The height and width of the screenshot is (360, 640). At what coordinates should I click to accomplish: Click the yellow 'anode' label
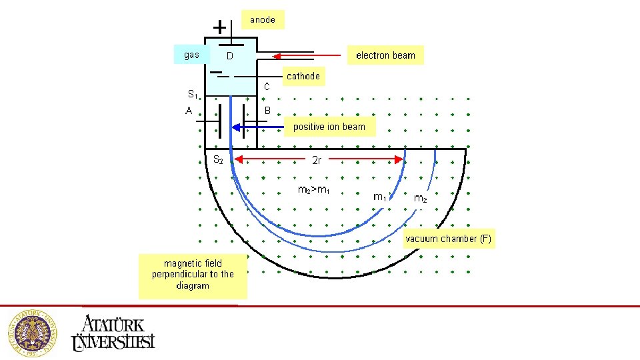coord(263,20)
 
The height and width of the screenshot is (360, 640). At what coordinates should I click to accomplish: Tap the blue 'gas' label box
coord(192,55)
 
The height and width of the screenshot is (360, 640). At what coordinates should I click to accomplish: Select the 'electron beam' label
coord(385,55)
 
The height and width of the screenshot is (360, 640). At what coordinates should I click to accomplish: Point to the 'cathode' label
coord(303,76)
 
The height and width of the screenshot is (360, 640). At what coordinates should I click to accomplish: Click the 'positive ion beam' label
coord(329,127)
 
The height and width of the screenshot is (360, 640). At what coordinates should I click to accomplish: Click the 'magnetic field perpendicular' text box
coord(193,275)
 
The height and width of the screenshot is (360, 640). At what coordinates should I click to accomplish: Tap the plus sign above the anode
coord(219,27)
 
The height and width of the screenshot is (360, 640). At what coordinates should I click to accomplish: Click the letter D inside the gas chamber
coord(229,56)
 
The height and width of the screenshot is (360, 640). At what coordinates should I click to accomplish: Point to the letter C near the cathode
coord(267,87)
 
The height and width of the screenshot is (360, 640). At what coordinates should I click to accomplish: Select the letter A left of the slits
coord(189,111)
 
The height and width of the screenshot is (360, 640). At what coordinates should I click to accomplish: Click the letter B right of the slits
coord(268,111)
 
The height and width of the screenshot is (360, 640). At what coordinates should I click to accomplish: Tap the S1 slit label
coord(193,94)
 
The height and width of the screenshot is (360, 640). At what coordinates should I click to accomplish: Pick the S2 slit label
coord(218,160)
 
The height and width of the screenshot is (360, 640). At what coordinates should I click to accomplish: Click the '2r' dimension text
coord(318,160)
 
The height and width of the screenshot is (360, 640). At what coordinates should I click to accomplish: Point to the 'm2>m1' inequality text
coord(313,190)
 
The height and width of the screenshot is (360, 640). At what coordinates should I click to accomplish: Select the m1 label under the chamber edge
coord(379,197)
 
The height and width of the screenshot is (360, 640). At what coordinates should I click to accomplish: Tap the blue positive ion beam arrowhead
coord(236,127)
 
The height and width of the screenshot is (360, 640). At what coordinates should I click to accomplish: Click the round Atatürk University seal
coord(32,331)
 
